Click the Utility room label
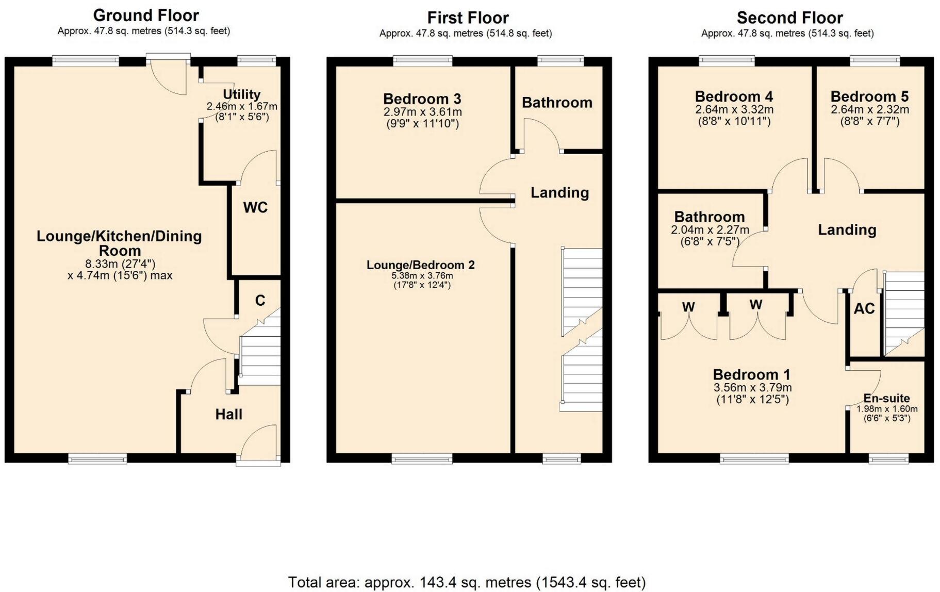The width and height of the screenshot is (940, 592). click(241, 94)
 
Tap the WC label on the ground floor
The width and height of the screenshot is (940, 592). click(255, 207)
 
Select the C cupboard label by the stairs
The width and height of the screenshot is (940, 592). click(260, 300)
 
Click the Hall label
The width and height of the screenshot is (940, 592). click(228, 414)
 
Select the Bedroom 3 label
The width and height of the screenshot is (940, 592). click(422, 98)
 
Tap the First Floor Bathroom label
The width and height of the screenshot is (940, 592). click(557, 103)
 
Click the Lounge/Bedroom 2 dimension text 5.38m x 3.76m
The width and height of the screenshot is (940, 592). click(422, 275)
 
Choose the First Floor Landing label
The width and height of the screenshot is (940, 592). click(559, 192)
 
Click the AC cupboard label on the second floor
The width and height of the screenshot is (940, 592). click(864, 308)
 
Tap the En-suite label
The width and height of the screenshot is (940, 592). click(886, 398)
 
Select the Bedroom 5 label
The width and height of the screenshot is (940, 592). click(869, 96)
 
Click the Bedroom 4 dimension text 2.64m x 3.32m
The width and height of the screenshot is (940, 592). click(734, 109)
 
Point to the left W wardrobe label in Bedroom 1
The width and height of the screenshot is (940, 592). click(688, 307)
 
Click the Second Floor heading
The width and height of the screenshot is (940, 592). click(789, 18)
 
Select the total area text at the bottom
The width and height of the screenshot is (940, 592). click(467, 582)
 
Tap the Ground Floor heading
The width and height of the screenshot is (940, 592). click(146, 15)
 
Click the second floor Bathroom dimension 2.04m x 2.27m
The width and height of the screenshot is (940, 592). click(710, 230)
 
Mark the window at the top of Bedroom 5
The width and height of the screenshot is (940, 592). click(875, 61)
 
